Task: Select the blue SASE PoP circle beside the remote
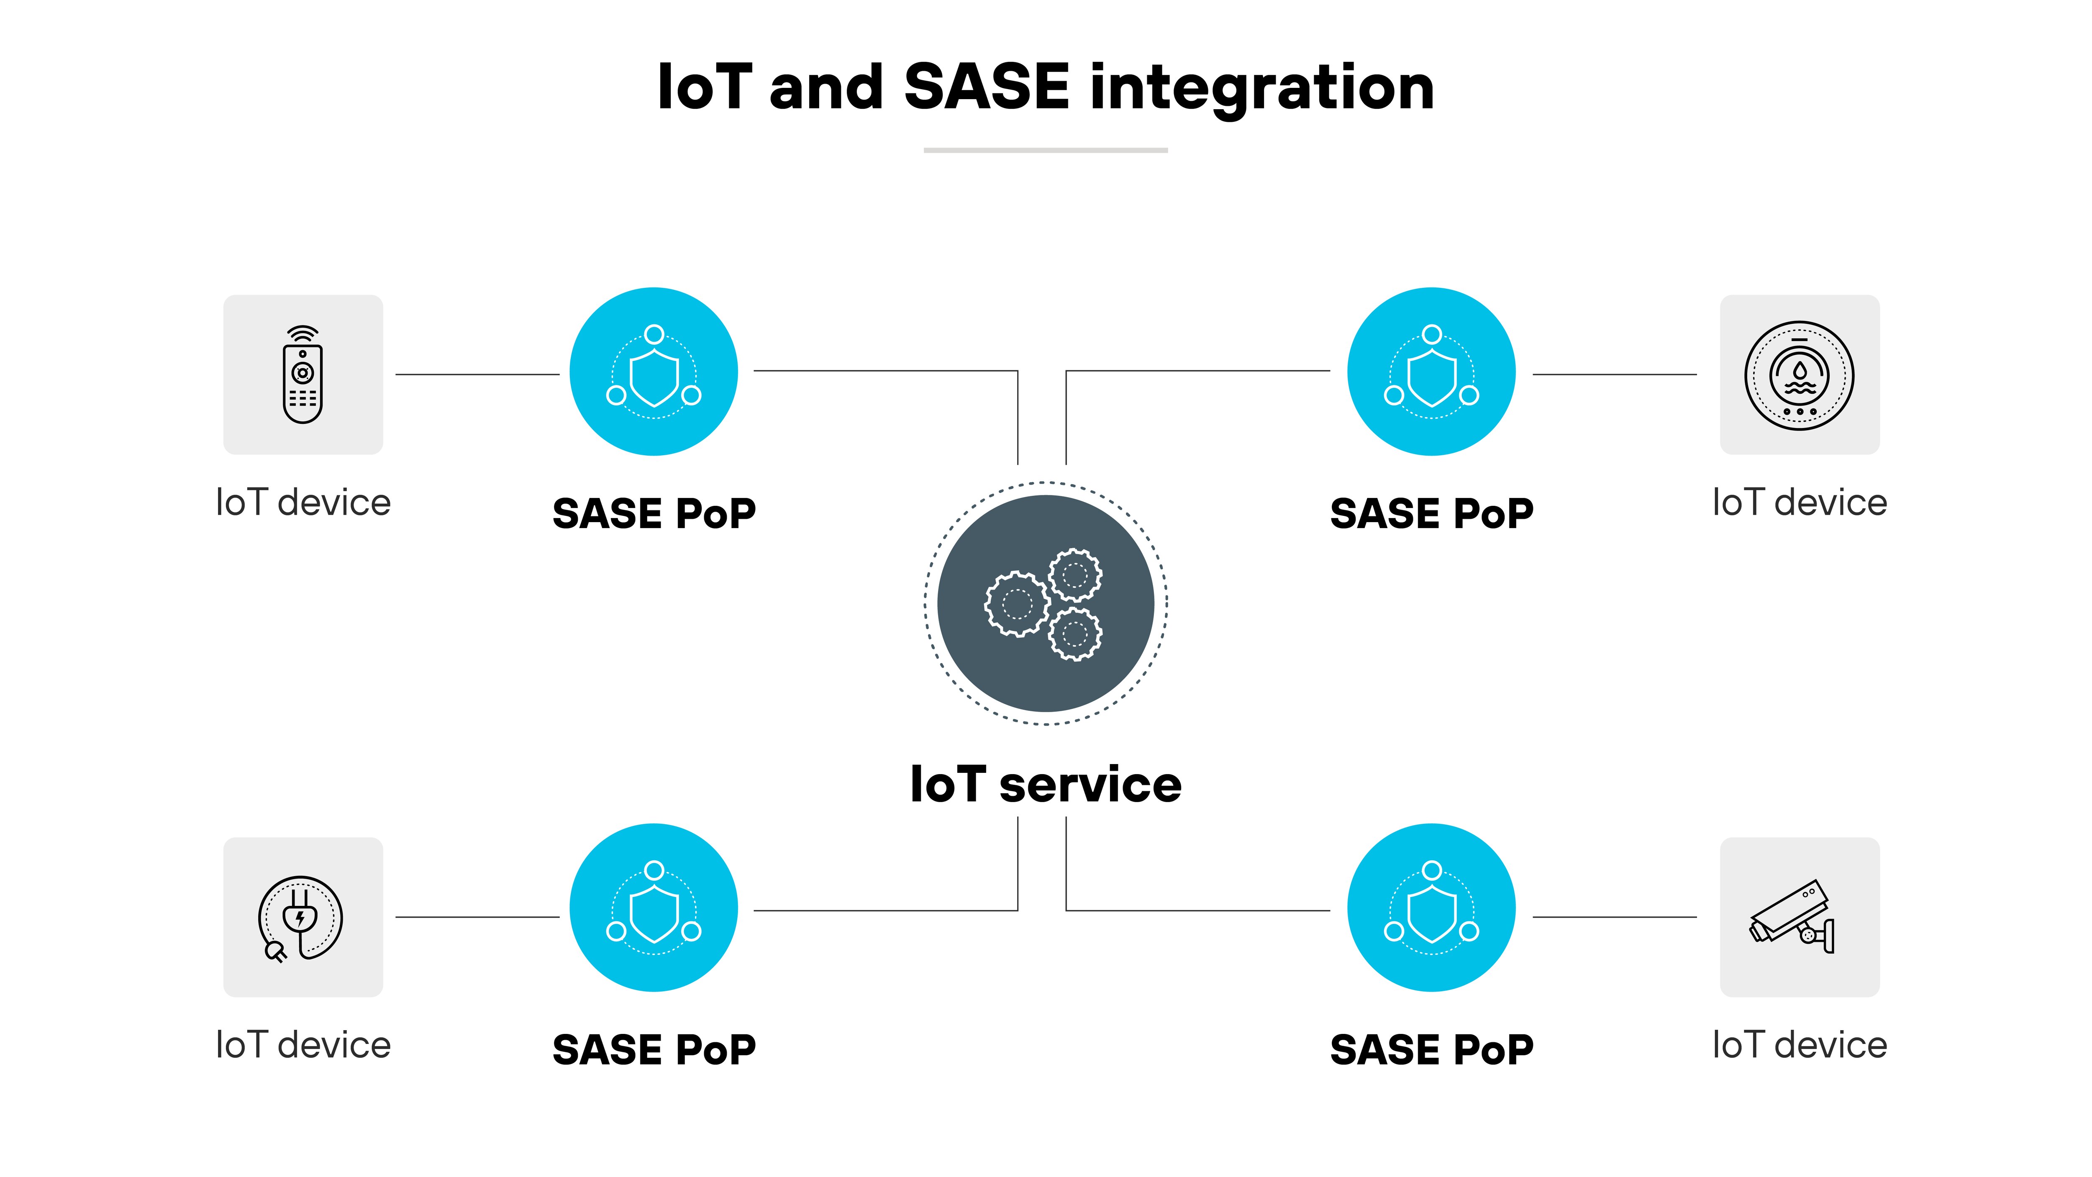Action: pos(654,371)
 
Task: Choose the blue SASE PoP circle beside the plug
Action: pos(654,907)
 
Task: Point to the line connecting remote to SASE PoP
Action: pos(477,374)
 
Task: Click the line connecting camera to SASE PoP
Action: pos(1615,917)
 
